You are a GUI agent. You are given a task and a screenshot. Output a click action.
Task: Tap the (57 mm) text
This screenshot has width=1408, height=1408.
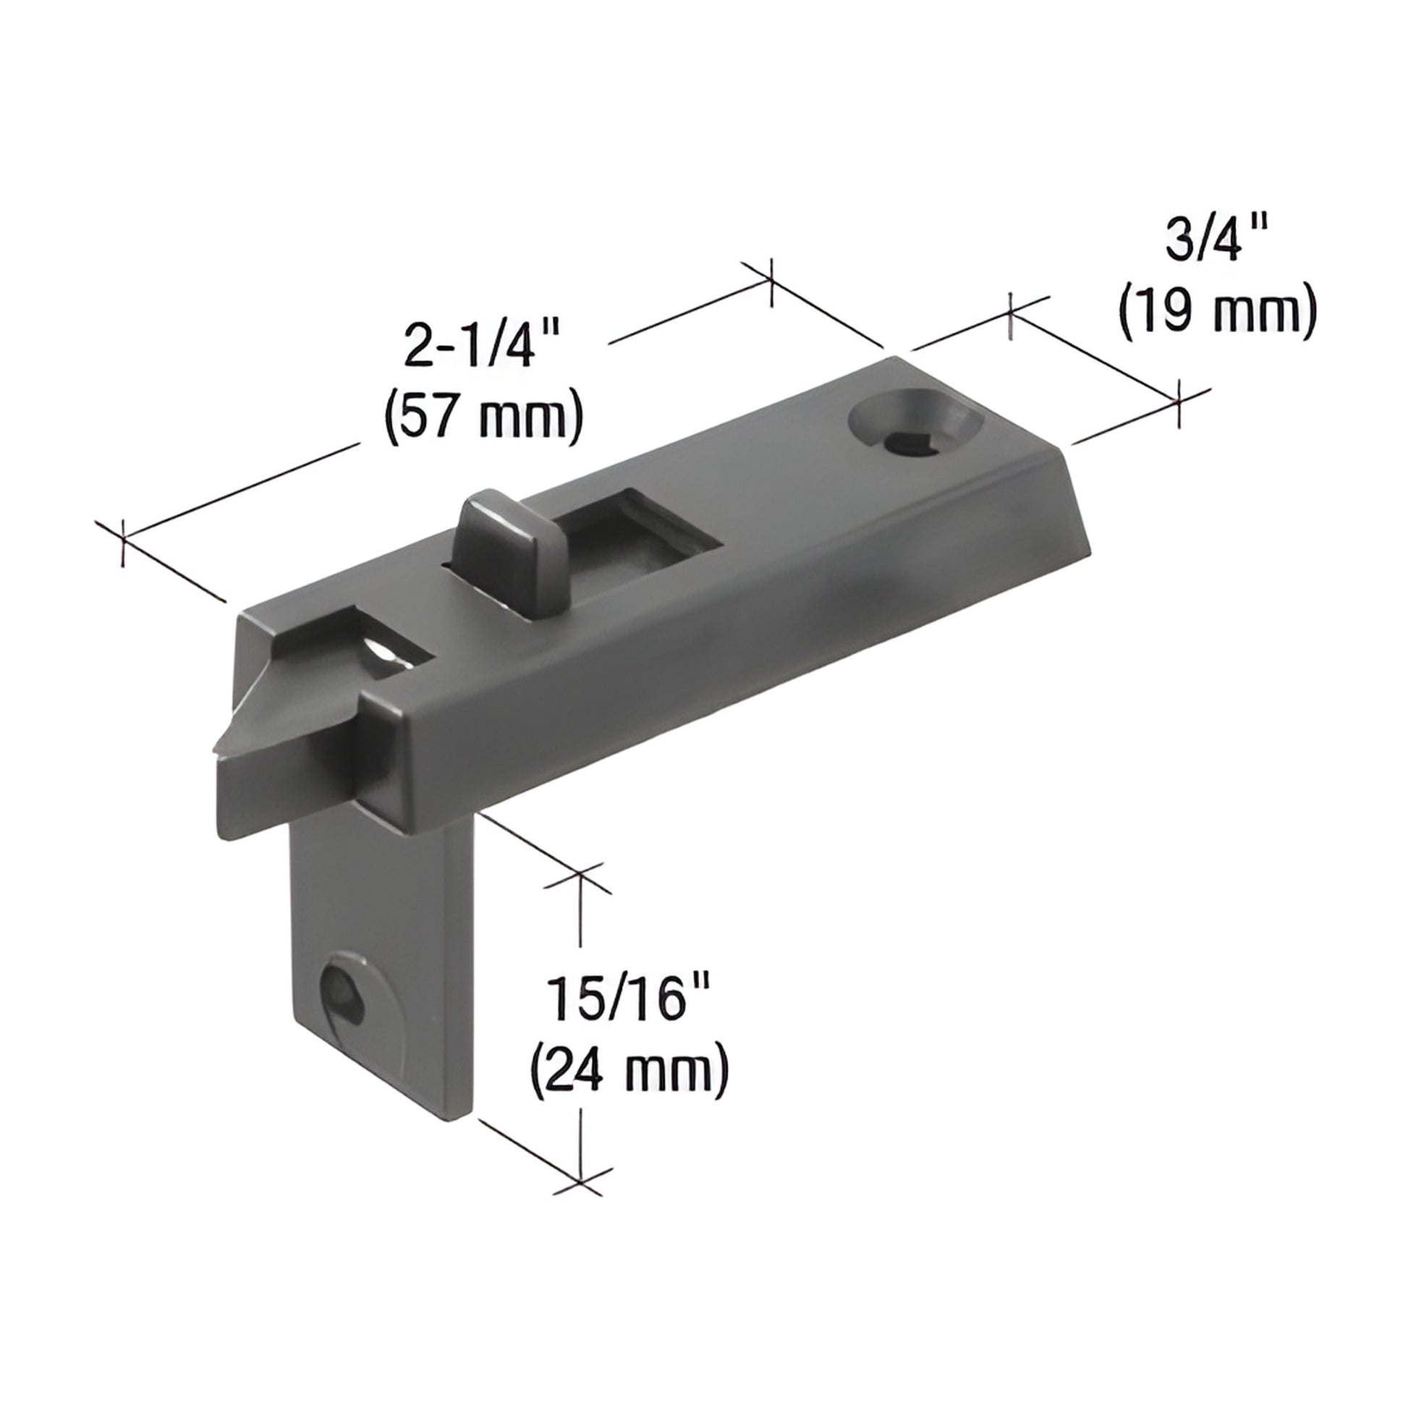[x=483, y=417]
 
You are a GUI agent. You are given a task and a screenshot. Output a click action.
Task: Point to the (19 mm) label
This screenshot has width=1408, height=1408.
[x=1218, y=311]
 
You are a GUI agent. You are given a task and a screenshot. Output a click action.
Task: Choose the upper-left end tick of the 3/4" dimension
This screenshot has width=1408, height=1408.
[x=1010, y=315]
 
